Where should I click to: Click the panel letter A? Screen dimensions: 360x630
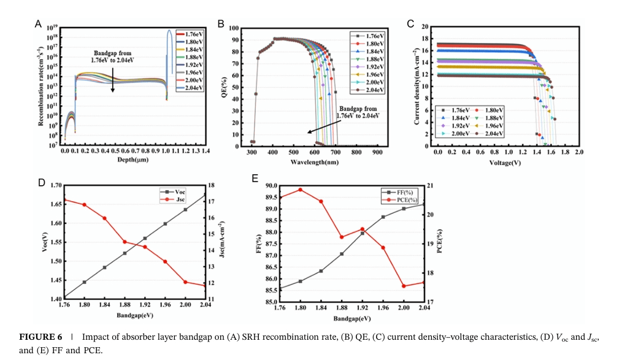click(x=38, y=25)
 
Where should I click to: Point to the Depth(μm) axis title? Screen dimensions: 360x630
click(x=134, y=159)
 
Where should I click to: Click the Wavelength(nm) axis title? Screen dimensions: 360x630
click(x=315, y=162)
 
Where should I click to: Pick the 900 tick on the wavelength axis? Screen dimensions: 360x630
click(x=377, y=151)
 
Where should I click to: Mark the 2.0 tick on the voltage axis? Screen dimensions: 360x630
click(x=578, y=151)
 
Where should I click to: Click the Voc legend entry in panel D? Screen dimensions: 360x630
click(x=180, y=191)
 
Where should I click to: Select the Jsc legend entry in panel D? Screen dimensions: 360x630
click(x=180, y=199)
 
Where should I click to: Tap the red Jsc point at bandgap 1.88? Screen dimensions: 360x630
click(x=125, y=242)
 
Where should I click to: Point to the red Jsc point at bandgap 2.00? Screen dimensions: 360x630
click(x=185, y=282)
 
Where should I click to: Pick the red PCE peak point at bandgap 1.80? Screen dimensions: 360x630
click(x=300, y=190)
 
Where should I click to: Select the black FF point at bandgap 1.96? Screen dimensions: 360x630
click(x=383, y=216)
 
